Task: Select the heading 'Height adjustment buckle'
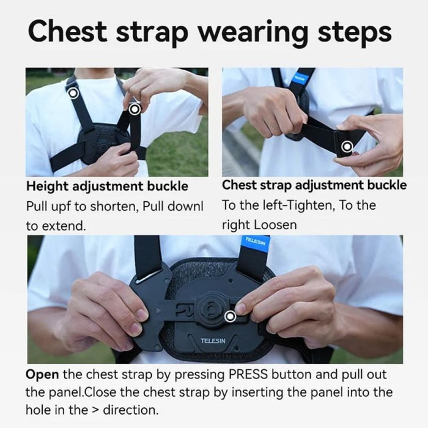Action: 107,186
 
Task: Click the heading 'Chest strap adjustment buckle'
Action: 314,185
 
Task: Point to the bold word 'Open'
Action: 42,374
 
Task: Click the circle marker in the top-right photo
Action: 347,146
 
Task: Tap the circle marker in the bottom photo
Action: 231,316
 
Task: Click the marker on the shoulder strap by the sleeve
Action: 73,93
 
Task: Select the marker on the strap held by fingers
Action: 135,109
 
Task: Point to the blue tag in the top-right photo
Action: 300,78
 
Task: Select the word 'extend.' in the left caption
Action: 56,226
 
